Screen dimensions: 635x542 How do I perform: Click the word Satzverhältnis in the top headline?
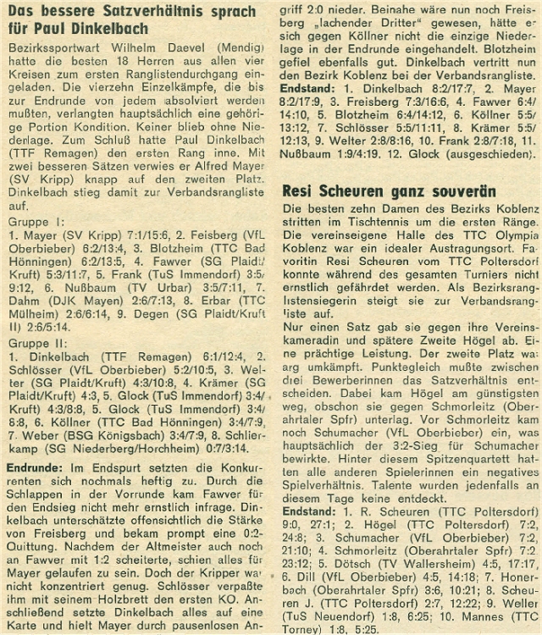click(135, 12)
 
